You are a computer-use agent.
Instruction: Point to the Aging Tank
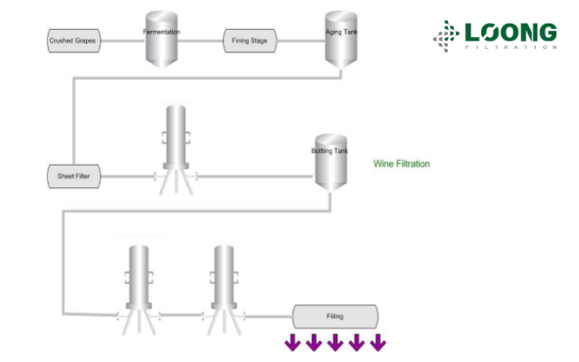[x=341, y=37]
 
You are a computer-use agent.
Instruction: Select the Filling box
[x=335, y=316]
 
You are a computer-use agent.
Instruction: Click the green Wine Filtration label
[x=401, y=164]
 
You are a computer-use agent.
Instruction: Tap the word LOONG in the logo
[x=510, y=33]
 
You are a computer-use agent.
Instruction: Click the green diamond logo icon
[x=446, y=35]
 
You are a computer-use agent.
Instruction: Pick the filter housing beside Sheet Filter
[x=176, y=145]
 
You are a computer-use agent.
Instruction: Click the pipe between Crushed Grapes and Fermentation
[x=126, y=40]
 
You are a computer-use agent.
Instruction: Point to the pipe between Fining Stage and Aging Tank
[x=302, y=40]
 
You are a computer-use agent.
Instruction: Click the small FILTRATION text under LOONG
[x=510, y=49]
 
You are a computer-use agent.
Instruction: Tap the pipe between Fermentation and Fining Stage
[x=201, y=40]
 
